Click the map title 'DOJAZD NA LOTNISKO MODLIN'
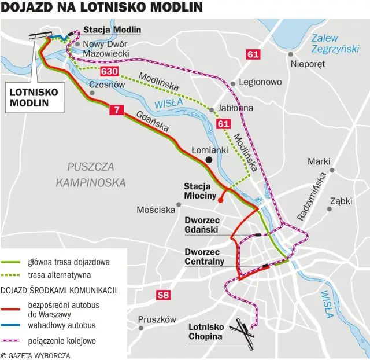click(x=101, y=8)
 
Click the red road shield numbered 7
click(x=117, y=110)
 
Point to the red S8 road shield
click(x=164, y=296)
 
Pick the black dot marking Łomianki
click(x=209, y=160)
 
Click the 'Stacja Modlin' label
click(x=112, y=30)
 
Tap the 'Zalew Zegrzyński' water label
click(x=335, y=43)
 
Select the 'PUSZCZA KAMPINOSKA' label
click(x=91, y=174)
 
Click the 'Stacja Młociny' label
click(x=200, y=192)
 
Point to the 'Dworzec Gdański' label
click(x=201, y=225)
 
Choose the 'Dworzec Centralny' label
click(x=204, y=256)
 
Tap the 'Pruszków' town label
click(x=157, y=319)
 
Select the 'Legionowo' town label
click(x=260, y=82)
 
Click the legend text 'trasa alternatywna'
click(x=60, y=275)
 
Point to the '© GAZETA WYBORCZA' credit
click(x=36, y=355)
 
